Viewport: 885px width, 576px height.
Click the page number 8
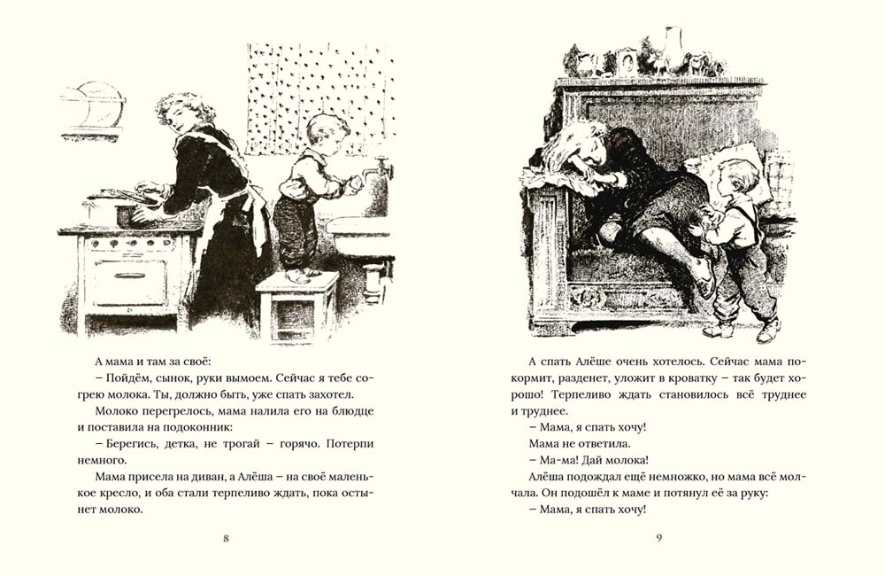pos(227,538)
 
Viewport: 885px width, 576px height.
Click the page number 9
pos(658,538)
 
